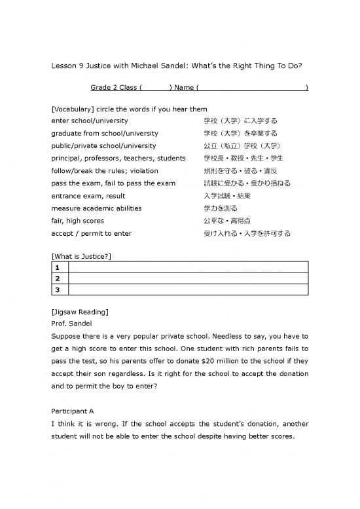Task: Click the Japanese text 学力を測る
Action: (x=221, y=208)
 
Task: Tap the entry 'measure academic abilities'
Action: (x=96, y=208)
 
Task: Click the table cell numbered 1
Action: (x=59, y=267)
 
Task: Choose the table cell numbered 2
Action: (x=59, y=278)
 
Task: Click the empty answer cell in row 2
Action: (x=187, y=278)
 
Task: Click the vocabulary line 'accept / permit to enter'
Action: (x=91, y=233)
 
